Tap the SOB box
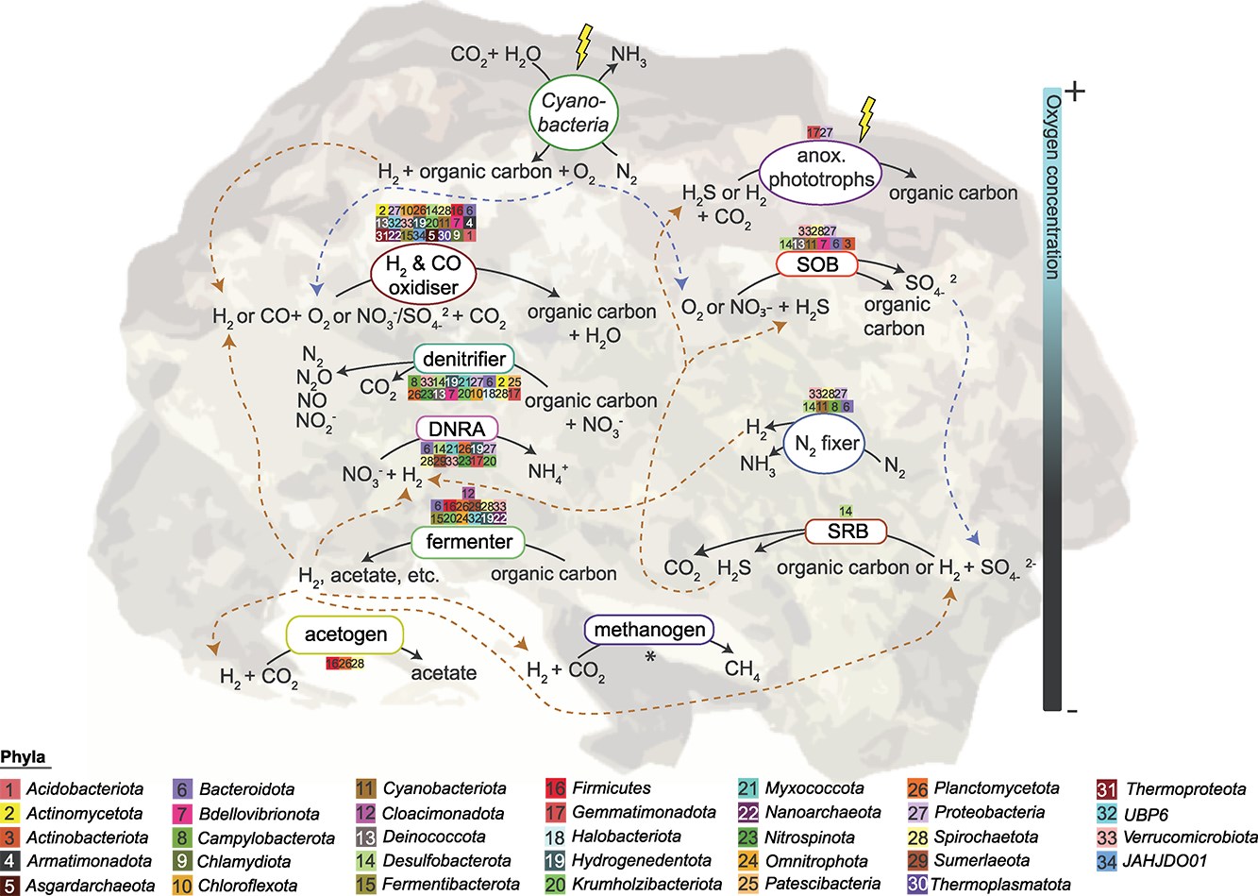(817, 264)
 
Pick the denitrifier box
(463, 360)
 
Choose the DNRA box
(457, 429)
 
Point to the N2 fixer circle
(826, 444)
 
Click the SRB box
(847, 531)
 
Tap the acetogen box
(345, 634)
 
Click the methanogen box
(649, 630)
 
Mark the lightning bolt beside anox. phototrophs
(864, 118)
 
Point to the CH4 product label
(743, 670)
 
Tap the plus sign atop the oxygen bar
(1076, 92)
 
